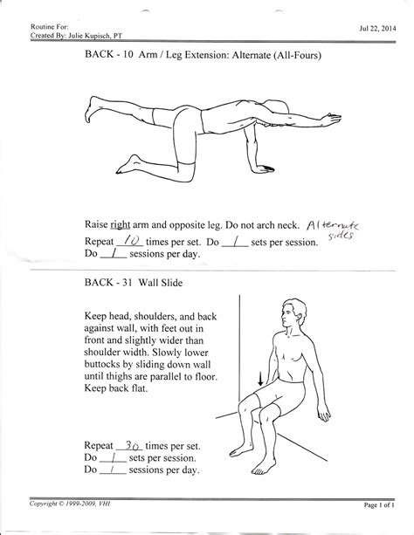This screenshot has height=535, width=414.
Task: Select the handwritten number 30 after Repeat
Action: (135, 443)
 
